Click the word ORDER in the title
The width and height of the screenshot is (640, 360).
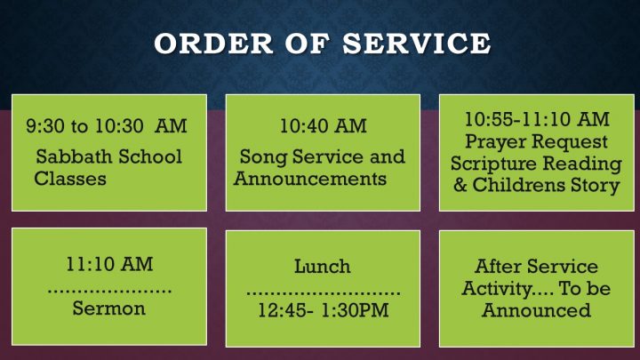213,44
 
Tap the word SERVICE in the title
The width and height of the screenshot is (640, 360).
417,44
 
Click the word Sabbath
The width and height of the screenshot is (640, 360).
74,156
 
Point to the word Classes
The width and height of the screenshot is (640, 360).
70,179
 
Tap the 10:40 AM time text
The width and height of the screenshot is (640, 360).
323,126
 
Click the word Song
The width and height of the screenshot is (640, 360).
263,157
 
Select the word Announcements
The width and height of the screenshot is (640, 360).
310,179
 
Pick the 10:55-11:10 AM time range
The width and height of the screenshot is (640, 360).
537,119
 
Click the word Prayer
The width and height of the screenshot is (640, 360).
496,142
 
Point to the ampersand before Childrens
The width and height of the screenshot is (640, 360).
460,185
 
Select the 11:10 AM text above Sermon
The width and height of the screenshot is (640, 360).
109,265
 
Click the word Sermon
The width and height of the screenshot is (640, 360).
109,308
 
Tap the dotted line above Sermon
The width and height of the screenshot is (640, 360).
109,291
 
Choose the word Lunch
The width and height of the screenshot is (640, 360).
323,267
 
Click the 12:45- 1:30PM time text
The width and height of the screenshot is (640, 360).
323,310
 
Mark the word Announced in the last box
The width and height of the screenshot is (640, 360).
536,310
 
